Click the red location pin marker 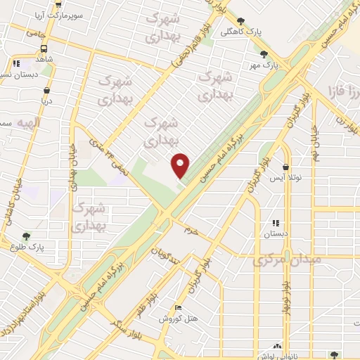pos(181,165)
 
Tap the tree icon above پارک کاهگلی pos(241,21)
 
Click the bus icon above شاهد pos(44,49)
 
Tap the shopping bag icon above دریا pos(46,90)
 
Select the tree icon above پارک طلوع pos(26,236)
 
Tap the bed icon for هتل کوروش pos(178,307)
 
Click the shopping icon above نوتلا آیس pos(285,167)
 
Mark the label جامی pos(35,32)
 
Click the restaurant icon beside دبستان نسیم pos(16,63)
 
